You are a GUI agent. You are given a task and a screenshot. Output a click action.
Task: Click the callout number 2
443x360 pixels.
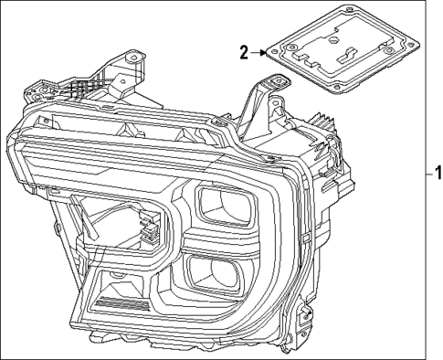click(244, 52)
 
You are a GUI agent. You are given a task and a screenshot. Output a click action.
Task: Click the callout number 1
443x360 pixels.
click(438, 171)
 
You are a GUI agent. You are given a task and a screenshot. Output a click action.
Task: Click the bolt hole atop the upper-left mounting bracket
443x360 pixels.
click(135, 58)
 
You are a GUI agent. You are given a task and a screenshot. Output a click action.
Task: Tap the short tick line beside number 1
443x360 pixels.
click(427, 172)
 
